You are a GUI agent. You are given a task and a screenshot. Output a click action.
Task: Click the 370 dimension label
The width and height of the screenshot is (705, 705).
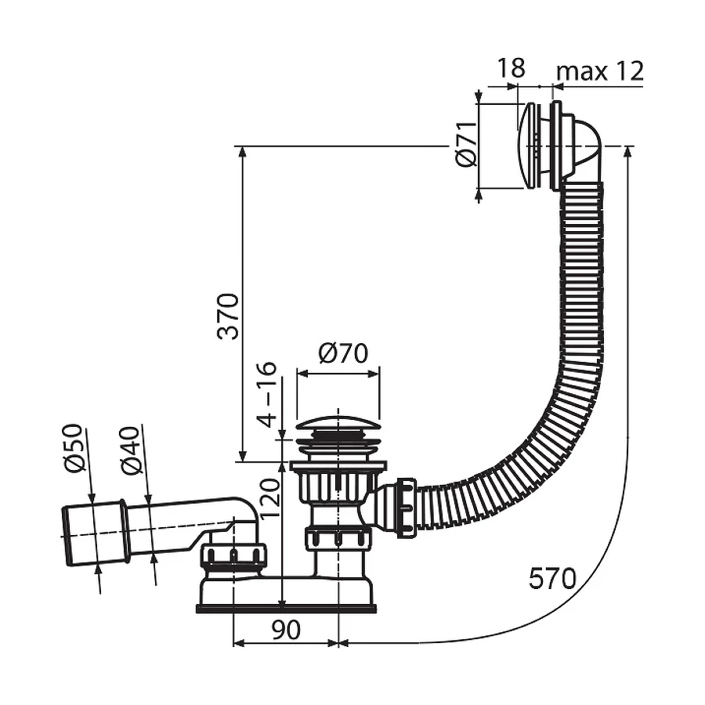point(228,316)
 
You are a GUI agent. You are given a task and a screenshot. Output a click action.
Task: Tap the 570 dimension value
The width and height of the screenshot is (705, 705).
point(552,578)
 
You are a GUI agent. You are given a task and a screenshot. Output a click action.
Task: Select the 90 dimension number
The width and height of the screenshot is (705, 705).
point(286,630)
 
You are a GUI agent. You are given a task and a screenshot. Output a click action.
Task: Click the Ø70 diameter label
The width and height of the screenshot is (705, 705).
point(343,353)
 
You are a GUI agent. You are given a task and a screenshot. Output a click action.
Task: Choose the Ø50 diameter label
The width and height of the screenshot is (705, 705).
point(74,448)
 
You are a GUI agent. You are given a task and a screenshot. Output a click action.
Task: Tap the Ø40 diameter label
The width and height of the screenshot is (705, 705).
point(132,450)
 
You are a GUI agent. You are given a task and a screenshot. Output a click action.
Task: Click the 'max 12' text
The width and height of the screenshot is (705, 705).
point(600,70)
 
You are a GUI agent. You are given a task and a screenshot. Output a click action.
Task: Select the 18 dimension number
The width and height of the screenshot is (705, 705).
point(510,68)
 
